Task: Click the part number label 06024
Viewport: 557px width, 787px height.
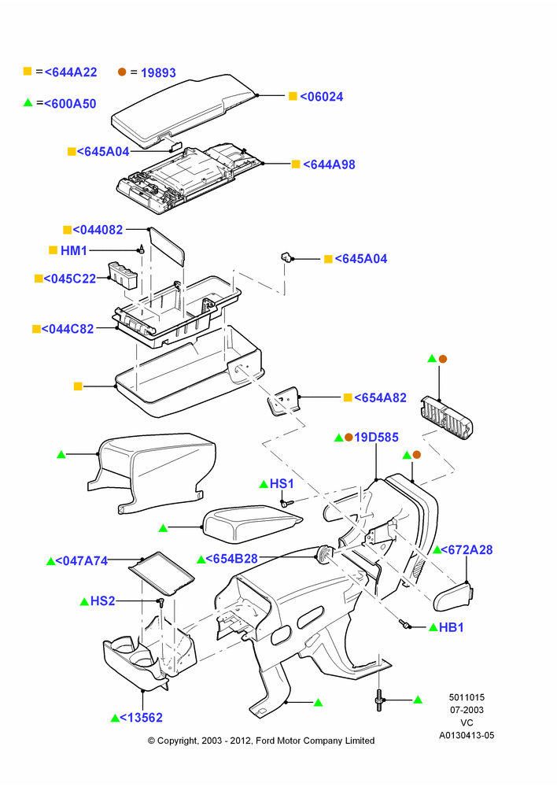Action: coord(322,97)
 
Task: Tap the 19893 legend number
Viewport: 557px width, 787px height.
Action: coord(158,72)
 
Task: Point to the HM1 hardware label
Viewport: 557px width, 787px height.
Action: coord(74,250)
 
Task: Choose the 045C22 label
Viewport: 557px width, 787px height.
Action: coord(70,279)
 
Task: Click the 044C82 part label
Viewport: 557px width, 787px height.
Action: coord(68,329)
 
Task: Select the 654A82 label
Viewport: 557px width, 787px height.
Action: coord(380,397)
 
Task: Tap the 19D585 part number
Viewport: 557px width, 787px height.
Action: coord(376,437)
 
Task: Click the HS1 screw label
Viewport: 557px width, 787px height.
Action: coord(282,484)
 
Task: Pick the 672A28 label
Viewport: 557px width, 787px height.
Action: coord(467,550)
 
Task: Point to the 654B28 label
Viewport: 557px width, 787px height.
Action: coord(232,559)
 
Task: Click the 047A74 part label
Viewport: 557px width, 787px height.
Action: coord(81,561)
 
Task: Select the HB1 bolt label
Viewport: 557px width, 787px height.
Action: coord(451,627)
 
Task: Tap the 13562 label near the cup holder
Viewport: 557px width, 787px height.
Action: coord(141,718)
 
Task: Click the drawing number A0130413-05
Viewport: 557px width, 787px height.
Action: coord(467,735)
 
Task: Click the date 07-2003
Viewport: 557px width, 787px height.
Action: coord(467,710)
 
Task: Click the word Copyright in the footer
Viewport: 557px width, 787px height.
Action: coord(177,741)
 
